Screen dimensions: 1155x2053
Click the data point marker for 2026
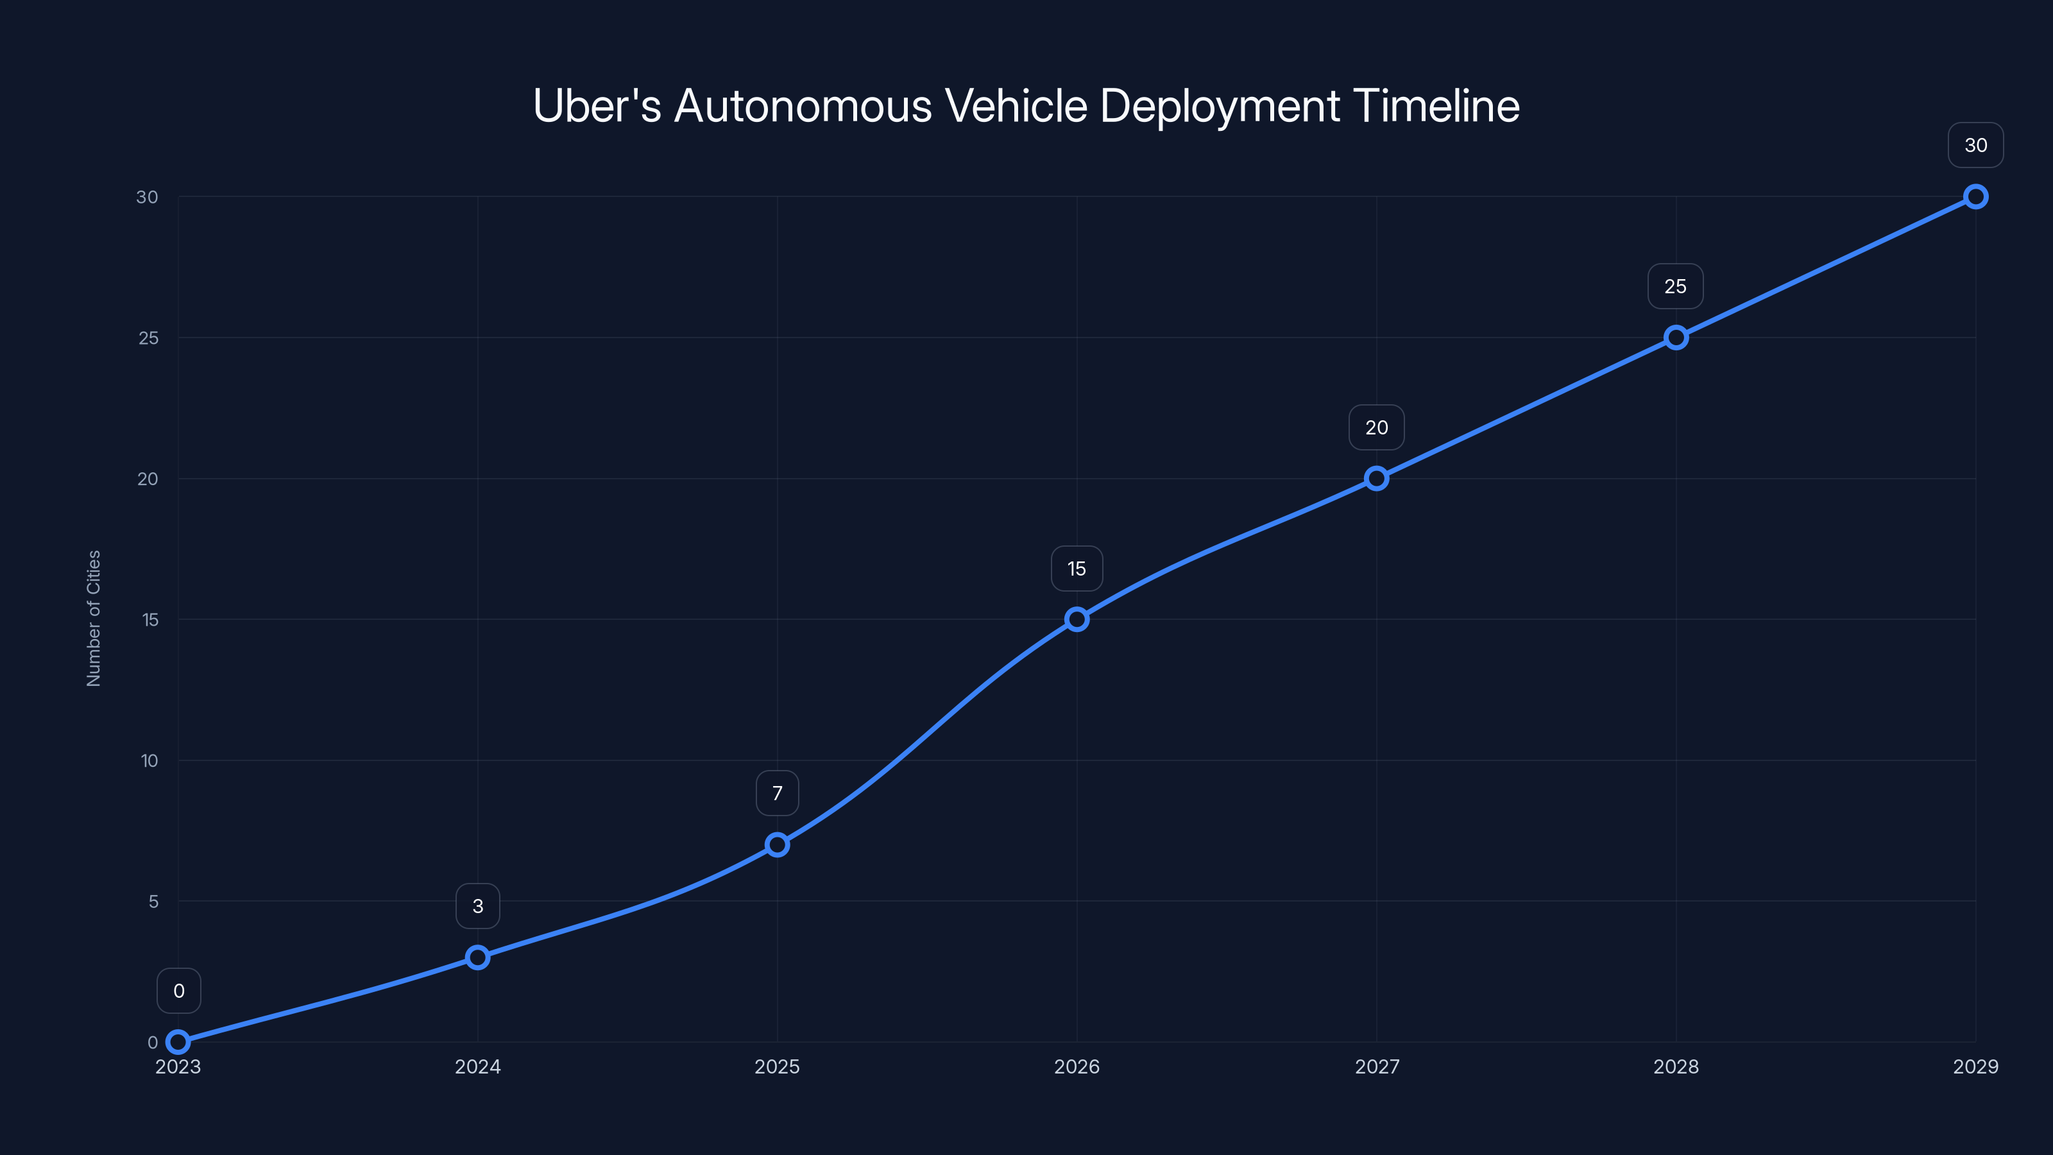[1077, 619]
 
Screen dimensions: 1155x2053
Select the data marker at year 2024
[477, 957]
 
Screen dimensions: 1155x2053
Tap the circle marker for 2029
[1976, 197]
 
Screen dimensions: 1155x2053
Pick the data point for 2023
[178, 1042]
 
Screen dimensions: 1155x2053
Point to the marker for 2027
[1376, 478]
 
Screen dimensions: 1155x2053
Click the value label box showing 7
[777, 793]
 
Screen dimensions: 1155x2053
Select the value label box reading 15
[1077, 569]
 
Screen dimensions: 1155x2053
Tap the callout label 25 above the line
[1675, 286]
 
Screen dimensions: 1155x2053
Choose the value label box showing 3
[477, 906]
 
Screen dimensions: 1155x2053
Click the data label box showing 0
[178, 991]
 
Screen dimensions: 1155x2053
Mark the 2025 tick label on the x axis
[777, 1066]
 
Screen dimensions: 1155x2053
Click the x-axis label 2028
[1675, 1066]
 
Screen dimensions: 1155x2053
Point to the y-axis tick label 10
[149, 760]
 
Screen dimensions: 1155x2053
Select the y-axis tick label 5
[153, 902]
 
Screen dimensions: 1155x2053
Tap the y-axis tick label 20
[148, 479]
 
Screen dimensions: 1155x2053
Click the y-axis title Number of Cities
[93, 619]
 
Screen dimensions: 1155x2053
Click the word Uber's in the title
[597, 106]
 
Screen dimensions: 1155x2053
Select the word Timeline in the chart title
[1436, 106]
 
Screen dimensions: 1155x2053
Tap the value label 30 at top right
[1976, 145]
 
